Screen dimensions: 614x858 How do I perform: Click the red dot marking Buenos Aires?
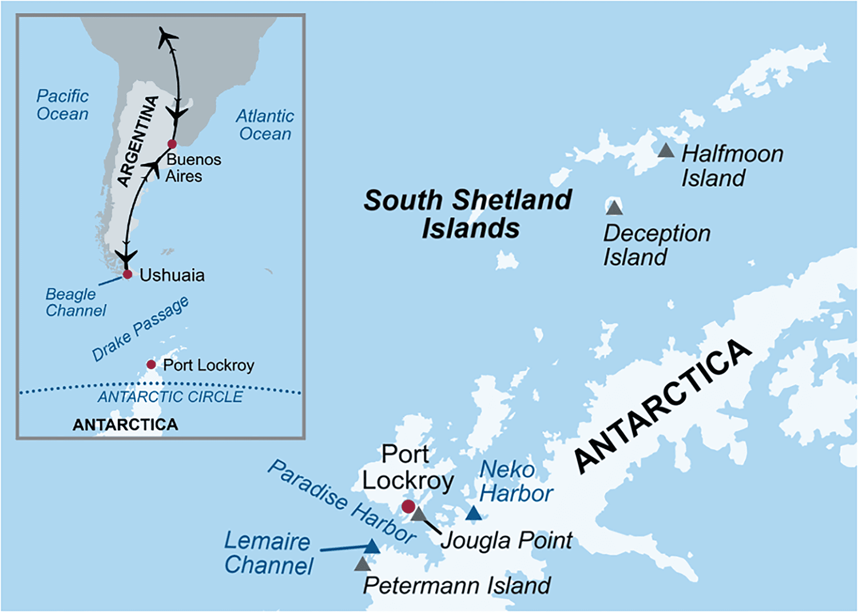click(x=172, y=144)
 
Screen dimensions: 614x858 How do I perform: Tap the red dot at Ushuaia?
click(x=128, y=275)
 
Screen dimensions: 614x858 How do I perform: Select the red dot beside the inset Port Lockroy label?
click(x=151, y=364)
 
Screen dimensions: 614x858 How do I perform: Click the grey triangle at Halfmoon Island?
click(x=665, y=151)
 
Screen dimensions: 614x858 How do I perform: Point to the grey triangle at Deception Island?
click(x=614, y=208)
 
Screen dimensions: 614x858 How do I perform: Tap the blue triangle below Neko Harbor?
click(x=473, y=513)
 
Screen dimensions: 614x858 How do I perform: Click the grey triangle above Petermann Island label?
click(x=362, y=564)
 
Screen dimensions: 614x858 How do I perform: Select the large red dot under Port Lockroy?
click(x=408, y=506)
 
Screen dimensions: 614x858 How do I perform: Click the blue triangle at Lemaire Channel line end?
click(x=372, y=547)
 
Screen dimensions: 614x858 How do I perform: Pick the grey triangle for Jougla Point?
click(x=419, y=514)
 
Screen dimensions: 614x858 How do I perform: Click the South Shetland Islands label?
click(x=468, y=213)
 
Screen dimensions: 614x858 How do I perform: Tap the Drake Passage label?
click(x=140, y=329)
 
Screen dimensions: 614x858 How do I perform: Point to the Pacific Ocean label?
click(x=63, y=105)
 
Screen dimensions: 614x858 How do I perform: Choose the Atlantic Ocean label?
click(x=265, y=125)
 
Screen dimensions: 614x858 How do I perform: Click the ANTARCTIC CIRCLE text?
click(x=170, y=397)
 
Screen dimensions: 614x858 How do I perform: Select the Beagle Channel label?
click(x=75, y=302)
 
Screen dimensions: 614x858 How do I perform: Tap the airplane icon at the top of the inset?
click(x=168, y=37)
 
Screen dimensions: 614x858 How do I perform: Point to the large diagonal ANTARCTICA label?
click(x=663, y=406)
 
